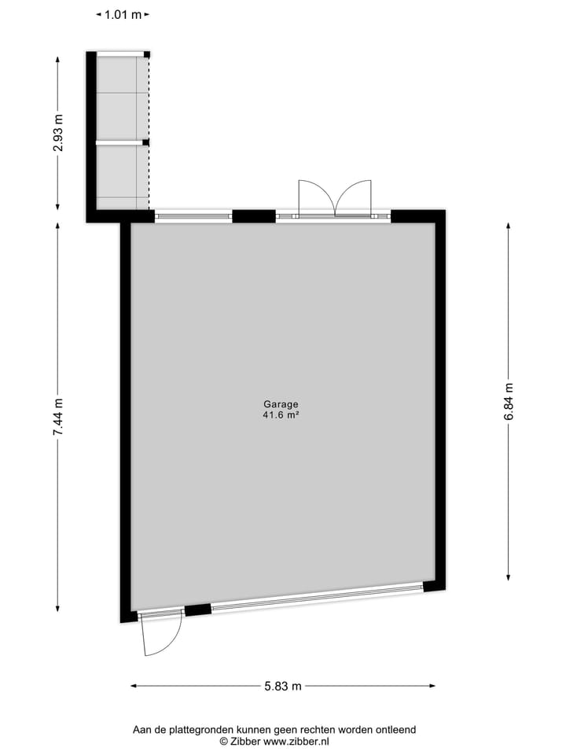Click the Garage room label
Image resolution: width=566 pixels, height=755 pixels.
pyautogui.click(x=281, y=404)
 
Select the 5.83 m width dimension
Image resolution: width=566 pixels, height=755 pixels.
pyautogui.click(x=283, y=686)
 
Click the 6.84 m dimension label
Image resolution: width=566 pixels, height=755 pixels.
pyautogui.click(x=509, y=401)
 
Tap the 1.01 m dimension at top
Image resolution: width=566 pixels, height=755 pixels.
pyautogui.click(x=123, y=14)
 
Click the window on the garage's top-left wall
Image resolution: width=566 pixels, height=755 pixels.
pyautogui.click(x=193, y=215)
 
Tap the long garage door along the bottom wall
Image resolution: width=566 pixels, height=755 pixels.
pyautogui.click(x=317, y=597)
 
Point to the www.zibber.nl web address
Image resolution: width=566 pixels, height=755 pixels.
pyautogui.click(x=296, y=741)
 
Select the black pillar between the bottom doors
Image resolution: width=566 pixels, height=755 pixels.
pyautogui.click(x=198, y=609)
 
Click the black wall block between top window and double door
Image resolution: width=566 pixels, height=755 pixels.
pyautogui.click(x=254, y=216)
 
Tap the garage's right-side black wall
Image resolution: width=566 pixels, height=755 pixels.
pyautogui.click(x=440, y=401)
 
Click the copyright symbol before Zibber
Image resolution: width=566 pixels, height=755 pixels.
pyautogui.click(x=224, y=741)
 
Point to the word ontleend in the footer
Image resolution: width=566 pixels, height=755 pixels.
pyautogui.click(x=396, y=730)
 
